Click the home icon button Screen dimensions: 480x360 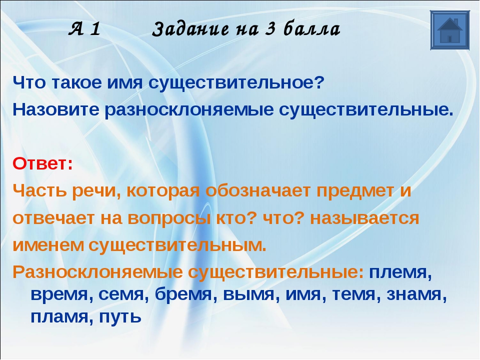click(x=449, y=30)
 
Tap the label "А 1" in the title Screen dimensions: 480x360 click(x=84, y=29)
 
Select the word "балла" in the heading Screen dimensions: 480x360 click(x=311, y=29)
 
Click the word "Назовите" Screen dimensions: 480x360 click(x=56, y=109)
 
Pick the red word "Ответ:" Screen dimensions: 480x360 click(x=43, y=164)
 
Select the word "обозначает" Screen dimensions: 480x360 click(x=258, y=190)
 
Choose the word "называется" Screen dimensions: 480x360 click(x=364, y=219)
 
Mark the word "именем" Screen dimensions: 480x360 click(x=48, y=245)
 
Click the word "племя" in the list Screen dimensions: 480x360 click(x=400, y=272)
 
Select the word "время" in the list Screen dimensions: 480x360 click(x=62, y=295)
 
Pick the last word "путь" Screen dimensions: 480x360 click(x=120, y=317)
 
